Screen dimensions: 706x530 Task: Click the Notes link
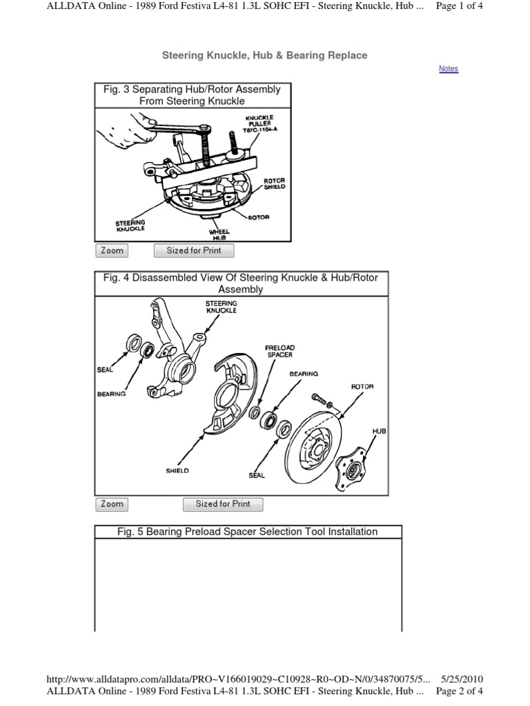tap(448, 69)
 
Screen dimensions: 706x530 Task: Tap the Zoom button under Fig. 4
tap(112, 504)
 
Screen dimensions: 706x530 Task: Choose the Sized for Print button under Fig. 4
tap(223, 504)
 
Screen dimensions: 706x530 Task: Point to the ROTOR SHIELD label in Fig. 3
tap(274, 184)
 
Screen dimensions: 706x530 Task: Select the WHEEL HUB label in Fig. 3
tap(219, 235)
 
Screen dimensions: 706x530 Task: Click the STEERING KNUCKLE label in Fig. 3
tap(130, 226)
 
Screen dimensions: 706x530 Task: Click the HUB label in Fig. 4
tap(379, 431)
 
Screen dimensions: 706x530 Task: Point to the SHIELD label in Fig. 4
tap(177, 471)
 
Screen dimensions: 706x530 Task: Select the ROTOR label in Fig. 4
tap(362, 387)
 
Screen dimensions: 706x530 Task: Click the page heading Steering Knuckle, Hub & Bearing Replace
tap(264, 55)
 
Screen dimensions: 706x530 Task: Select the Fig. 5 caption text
tap(248, 532)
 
